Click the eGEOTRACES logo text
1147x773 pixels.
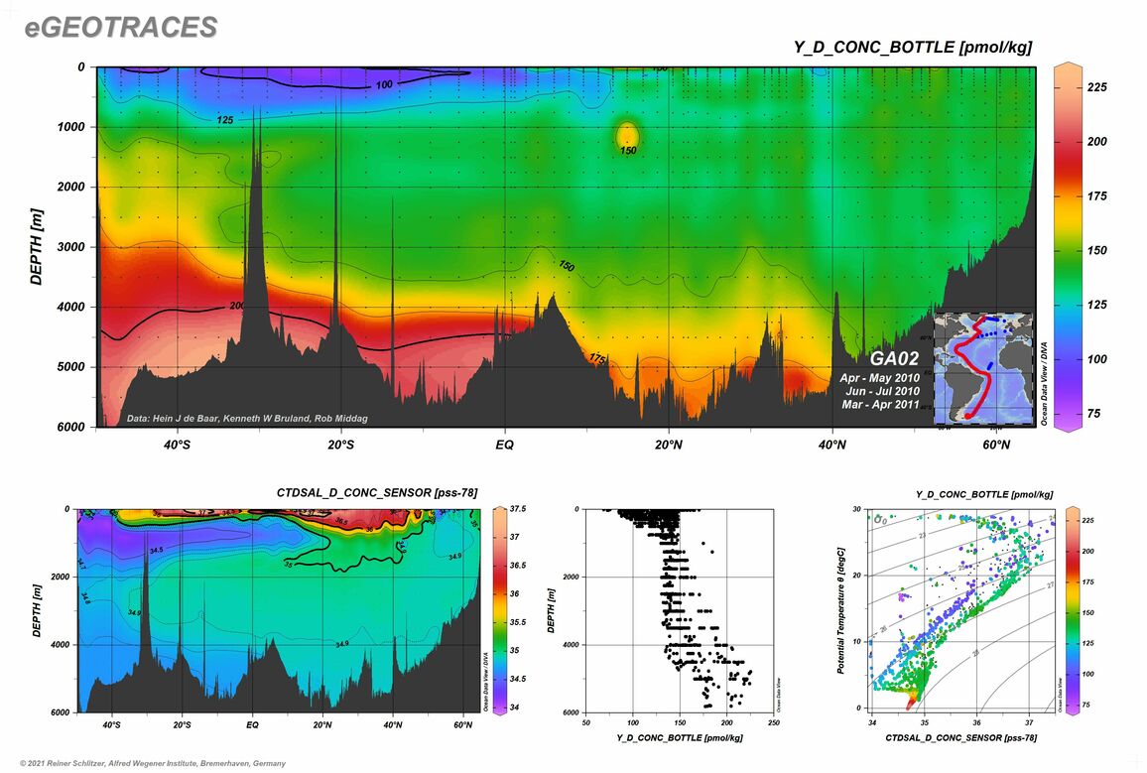coord(120,28)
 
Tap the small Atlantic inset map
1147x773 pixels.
coord(983,366)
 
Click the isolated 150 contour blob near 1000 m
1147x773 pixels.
coord(626,135)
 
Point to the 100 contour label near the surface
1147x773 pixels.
coord(384,85)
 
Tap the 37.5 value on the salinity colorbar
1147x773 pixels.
coord(518,509)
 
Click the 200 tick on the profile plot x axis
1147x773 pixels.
coord(727,721)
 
